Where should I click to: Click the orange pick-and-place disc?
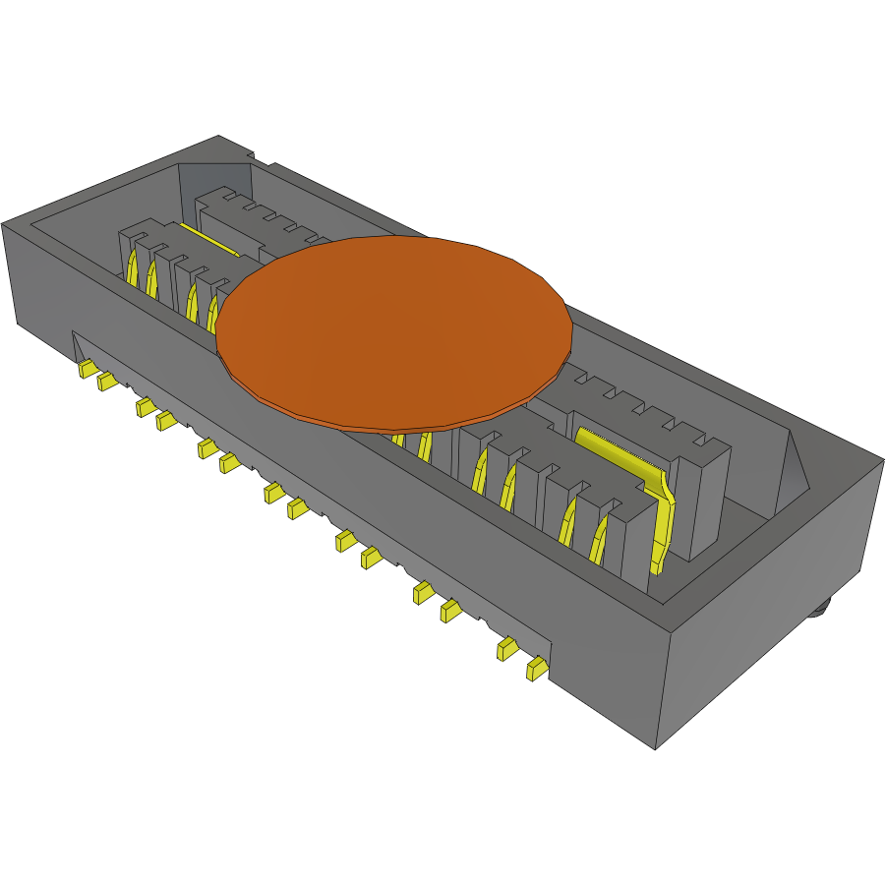tap(393, 329)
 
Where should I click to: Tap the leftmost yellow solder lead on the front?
tap(87, 369)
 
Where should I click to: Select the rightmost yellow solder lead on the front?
tap(536, 670)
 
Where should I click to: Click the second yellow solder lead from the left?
tap(106, 382)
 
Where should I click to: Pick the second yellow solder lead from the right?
tap(507, 648)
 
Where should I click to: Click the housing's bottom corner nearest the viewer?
tap(655, 748)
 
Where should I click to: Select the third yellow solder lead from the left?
tap(146, 407)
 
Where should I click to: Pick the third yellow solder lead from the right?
tap(451, 611)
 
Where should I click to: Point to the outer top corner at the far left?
tap(4, 224)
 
